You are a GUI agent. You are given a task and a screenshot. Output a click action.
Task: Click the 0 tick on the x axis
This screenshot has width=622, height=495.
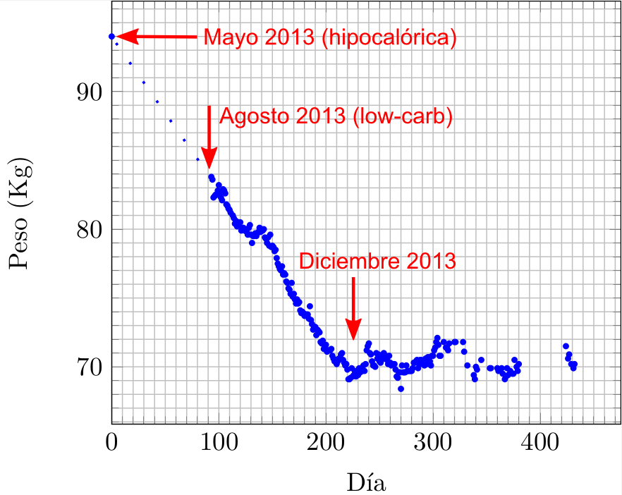click(x=111, y=444)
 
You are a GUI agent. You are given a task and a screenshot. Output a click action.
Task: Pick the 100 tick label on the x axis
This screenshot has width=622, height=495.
click(x=219, y=444)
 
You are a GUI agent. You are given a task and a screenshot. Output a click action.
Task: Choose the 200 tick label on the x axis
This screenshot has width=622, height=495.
click(x=326, y=444)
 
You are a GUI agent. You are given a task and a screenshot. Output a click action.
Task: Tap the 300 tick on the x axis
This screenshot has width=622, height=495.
click(x=433, y=444)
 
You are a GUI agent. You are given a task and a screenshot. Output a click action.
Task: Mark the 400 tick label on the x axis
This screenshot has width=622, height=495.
click(x=540, y=444)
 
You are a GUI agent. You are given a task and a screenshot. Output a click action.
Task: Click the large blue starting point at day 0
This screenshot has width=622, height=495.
click(x=111, y=37)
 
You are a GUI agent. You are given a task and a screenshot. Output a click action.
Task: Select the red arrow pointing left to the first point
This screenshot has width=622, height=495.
click(x=158, y=37)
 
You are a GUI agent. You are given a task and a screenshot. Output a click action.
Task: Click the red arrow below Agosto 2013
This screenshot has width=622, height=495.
click(x=209, y=137)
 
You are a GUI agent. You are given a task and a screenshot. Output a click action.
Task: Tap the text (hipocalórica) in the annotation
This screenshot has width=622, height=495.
click(x=389, y=37)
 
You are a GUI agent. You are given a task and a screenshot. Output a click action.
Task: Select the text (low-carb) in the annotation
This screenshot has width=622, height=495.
click(x=402, y=116)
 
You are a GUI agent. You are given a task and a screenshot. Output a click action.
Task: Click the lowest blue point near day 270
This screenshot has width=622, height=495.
click(x=401, y=389)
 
